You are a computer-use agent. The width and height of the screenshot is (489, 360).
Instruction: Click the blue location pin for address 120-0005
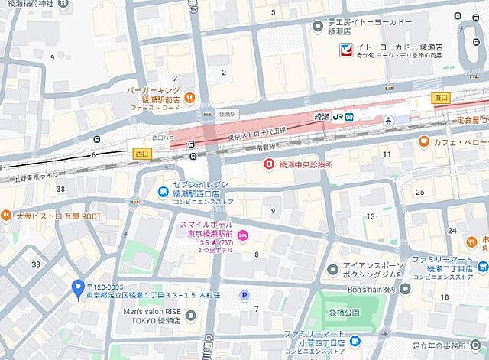[77, 288]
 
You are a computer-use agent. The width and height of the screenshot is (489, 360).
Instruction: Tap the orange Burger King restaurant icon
[189, 97]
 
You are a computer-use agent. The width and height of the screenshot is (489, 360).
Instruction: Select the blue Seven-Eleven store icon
[163, 192]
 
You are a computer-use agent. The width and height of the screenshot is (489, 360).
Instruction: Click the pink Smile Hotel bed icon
[243, 235]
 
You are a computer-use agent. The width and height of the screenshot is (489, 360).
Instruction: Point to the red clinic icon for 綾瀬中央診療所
[268, 164]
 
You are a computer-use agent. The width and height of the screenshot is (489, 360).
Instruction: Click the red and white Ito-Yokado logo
[348, 50]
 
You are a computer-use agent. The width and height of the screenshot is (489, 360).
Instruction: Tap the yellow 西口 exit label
[141, 152]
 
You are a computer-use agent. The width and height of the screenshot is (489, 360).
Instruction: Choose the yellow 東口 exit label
[441, 98]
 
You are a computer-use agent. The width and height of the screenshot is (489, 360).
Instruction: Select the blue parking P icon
[244, 295]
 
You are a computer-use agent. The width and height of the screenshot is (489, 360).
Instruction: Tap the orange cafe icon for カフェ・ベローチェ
[424, 141]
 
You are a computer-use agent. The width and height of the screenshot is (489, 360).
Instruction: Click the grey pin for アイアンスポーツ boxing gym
[332, 268]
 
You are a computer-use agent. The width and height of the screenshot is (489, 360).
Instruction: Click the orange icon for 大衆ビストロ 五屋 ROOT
[7, 216]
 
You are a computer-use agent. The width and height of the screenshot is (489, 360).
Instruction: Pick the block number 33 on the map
[35, 264]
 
